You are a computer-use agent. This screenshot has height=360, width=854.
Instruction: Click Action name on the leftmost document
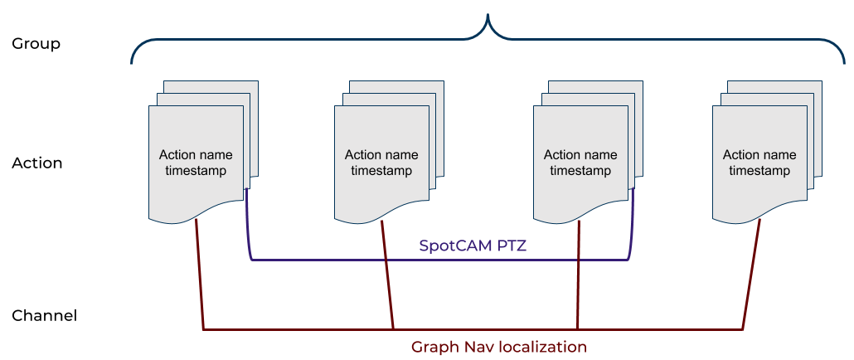196,155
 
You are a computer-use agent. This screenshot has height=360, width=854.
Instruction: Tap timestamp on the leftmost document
196,171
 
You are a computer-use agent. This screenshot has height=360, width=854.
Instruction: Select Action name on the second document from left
381,155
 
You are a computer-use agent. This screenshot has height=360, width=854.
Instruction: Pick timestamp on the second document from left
381,171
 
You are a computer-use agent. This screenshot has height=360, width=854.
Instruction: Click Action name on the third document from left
580,155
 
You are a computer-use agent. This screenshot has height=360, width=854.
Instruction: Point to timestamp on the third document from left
580,171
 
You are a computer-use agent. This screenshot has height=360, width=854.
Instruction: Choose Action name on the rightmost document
759,155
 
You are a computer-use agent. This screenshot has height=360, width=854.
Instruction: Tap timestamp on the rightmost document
759,171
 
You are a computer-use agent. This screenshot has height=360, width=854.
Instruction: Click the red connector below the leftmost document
200,274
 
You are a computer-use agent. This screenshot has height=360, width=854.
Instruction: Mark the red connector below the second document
387,274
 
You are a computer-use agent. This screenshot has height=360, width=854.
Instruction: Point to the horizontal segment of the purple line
348,260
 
